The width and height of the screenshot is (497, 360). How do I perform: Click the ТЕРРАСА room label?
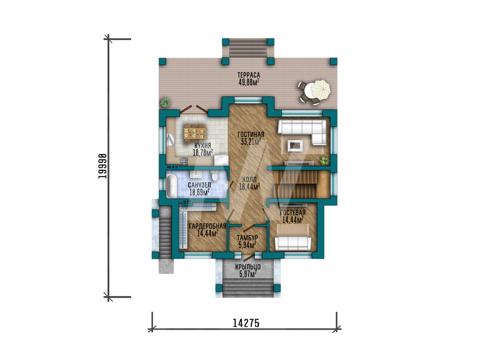pyautogui.click(x=249, y=75)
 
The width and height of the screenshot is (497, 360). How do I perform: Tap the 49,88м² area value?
pyautogui.click(x=249, y=82)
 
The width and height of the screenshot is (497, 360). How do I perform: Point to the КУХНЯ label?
pyautogui.click(x=203, y=145)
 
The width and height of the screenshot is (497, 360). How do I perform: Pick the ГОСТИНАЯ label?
pyautogui.click(x=250, y=135)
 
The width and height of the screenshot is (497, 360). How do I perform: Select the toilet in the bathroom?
pyautogui.click(x=214, y=176)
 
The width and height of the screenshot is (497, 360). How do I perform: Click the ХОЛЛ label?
pyautogui.click(x=249, y=180)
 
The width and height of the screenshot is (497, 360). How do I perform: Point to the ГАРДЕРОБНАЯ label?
pyautogui.click(x=207, y=226)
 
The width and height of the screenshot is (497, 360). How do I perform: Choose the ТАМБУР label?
pyautogui.click(x=247, y=238)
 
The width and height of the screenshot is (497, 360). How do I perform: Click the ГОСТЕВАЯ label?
pyautogui.click(x=293, y=213)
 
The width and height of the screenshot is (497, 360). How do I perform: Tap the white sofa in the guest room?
pyautogui.click(x=293, y=243)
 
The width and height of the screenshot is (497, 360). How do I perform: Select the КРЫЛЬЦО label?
pyautogui.click(x=248, y=267)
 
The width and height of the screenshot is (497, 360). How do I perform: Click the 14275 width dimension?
pyautogui.click(x=246, y=323)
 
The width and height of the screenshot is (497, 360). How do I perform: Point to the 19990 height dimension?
pyautogui.click(x=102, y=166)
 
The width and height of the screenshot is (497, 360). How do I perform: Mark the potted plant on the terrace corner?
pyautogui.click(x=165, y=103)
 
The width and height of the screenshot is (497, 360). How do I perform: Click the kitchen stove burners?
pyautogui.click(x=184, y=162)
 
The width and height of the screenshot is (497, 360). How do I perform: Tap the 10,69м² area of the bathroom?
pyautogui.click(x=199, y=192)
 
